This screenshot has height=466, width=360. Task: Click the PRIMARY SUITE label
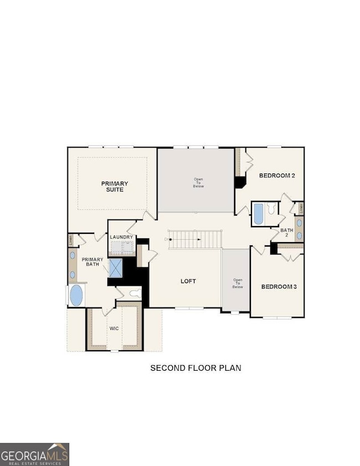tap(115, 186)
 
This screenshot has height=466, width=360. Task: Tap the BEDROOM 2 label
tap(277, 176)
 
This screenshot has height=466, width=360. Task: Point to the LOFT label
tap(188, 281)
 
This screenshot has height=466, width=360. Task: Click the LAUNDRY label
tap(121, 237)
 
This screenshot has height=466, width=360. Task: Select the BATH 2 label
tap(286, 232)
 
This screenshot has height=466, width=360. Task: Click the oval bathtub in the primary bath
tap(76, 295)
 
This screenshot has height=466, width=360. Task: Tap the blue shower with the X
tap(115, 268)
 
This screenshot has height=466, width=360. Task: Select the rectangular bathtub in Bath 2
tap(258, 213)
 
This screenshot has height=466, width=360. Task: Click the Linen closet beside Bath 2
tap(299, 208)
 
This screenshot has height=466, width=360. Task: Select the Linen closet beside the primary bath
tap(71, 240)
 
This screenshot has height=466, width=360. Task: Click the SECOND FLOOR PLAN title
tap(196, 367)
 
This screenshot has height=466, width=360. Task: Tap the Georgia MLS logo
tap(34, 454)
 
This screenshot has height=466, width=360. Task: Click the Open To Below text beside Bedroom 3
tap(238, 283)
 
